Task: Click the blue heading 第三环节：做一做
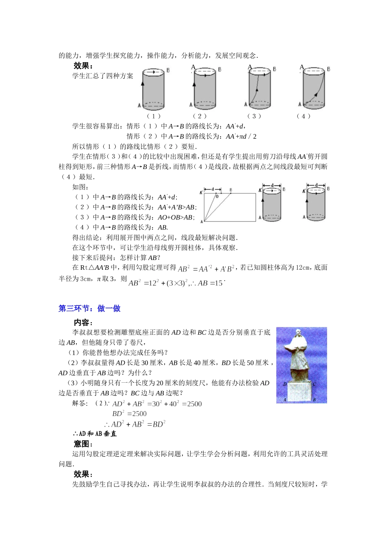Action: pyautogui.click(x=89, y=308)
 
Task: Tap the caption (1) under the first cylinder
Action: pyautogui.click(x=154, y=116)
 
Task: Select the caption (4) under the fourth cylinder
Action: pyautogui.click(x=303, y=116)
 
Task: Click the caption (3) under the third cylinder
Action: pyautogui.click(x=254, y=116)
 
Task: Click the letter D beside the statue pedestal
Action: pyautogui.click(x=285, y=384)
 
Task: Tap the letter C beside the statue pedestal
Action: pyautogui.click(x=314, y=384)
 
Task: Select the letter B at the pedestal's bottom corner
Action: pyautogui.click(x=314, y=400)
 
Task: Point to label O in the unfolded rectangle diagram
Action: pyautogui.click(x=217, y=196)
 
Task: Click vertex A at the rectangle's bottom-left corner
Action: pyautogui.click(x=202, y=222)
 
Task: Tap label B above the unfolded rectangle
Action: pyautogui.click(x=231, y=190)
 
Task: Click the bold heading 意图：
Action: pyautogui.click(x=83, y=444)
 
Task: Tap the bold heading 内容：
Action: pyautogui.click(x=83, y=322)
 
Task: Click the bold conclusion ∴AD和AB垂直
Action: pyautogui.click(x=95, y=434)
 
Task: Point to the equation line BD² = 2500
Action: pyautogui.click(x=129, y=414)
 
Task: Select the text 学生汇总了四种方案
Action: pyautogui.click(x=103, y=76)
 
